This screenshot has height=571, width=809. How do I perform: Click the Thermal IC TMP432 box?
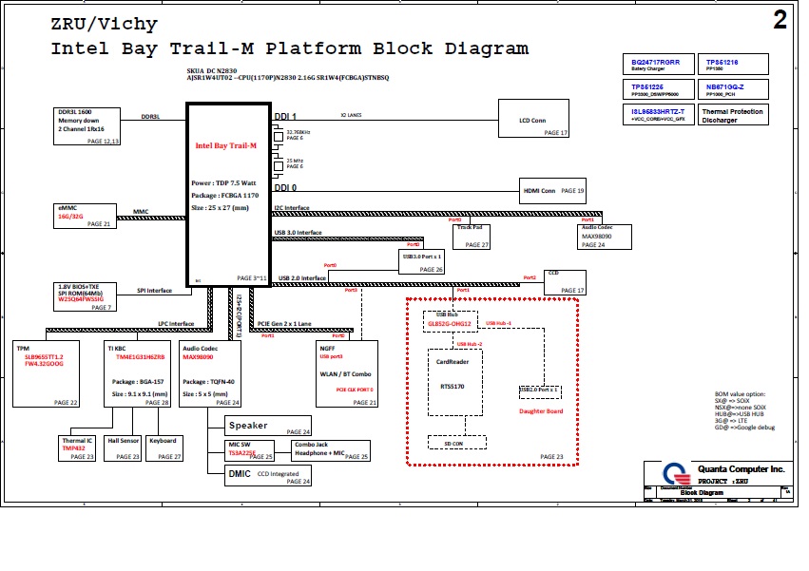(x=78, y=448)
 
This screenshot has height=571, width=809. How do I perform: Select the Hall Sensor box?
(x=124, y=448)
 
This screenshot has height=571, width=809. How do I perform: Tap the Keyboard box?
(x=164, y=448)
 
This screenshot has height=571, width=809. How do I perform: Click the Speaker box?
(x=268, y=427)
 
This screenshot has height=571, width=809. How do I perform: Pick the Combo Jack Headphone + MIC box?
(x=331, y=450)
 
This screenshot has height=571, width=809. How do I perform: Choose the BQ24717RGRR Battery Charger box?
(x=657, y=65)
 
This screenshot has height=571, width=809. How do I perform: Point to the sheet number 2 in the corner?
(x=780, y=22)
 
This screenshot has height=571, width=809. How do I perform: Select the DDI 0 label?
(x=286, y=188)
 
